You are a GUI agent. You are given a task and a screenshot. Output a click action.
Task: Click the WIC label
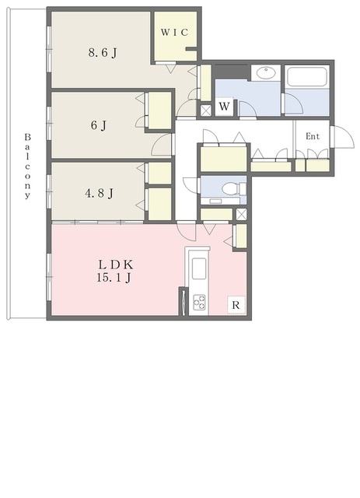coord(174,32)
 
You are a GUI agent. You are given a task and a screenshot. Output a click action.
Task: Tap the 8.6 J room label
coord(103,52)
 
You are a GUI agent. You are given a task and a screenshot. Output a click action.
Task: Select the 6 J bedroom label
coord(99,125)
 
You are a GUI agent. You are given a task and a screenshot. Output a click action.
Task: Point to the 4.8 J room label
coord(99,193)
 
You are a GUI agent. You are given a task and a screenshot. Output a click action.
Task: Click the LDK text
coord(115,265)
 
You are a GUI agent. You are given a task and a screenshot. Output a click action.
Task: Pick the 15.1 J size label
coord(114,278)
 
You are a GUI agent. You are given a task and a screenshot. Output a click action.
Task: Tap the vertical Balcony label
coord(28,166)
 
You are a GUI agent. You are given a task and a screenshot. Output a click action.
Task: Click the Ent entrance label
coord(313,136)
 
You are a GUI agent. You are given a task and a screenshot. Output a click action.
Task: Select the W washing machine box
coord(224,107)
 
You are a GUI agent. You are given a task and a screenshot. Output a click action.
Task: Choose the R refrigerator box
coord(236,305)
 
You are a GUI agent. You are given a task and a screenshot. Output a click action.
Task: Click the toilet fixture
coord(234,189)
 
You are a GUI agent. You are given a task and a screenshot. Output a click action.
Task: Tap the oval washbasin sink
coord(265,73)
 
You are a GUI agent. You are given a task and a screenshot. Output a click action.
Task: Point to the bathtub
coord(306,76)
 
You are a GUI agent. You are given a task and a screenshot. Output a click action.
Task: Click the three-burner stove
coord(199,302)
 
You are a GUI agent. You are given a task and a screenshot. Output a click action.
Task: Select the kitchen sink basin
coord(199,268)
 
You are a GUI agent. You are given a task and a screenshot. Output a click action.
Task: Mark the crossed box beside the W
coord(206,110)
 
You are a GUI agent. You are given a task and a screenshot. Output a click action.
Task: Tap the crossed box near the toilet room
coord(241,214)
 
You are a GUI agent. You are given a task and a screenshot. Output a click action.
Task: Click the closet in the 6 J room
coord(160,110)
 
